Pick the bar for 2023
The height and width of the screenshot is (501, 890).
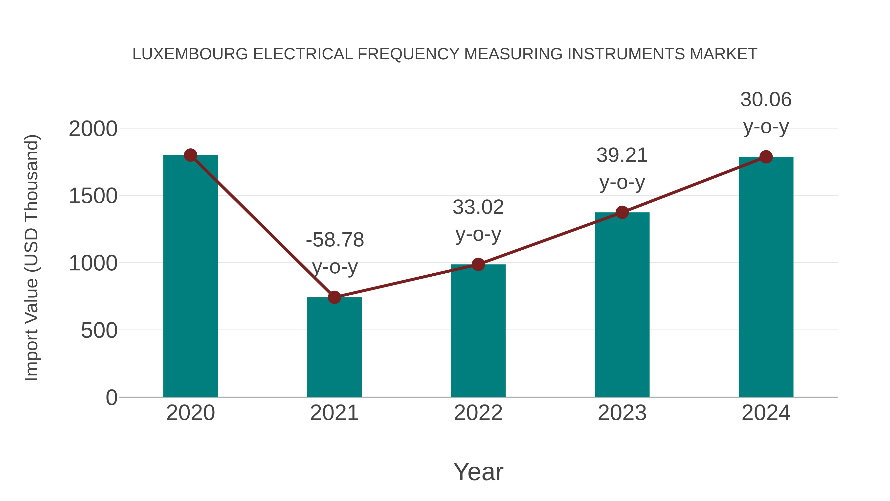point(622,304)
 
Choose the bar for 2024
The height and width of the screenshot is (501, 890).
point(766,277)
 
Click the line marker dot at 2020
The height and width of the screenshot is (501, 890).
point(190,155)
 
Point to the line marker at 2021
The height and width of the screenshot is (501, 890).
point(334,297)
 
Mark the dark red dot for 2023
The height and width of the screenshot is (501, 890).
point(622,212)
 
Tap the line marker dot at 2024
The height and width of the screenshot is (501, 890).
point(766,157)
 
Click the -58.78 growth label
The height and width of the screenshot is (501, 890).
point(335,240)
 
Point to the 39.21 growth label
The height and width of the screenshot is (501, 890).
point(622,155)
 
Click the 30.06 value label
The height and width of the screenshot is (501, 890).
point(766,100)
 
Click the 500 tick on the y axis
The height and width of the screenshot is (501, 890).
point(99,331)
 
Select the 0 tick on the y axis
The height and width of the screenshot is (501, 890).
point(111,398)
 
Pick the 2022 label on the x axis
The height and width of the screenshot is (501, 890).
point(478,413)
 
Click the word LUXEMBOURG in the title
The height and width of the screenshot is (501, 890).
point(190,54)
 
